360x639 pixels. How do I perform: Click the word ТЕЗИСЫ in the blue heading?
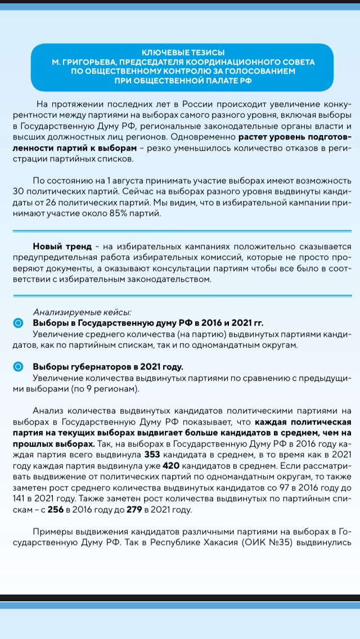(210, 52)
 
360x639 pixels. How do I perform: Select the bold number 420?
(170, 465)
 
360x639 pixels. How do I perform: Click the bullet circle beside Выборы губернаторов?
(18, 367)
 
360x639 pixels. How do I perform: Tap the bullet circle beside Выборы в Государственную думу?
(18, 323)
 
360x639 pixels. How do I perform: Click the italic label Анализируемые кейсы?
(82, 312)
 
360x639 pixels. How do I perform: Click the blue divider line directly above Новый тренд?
(180, 231)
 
